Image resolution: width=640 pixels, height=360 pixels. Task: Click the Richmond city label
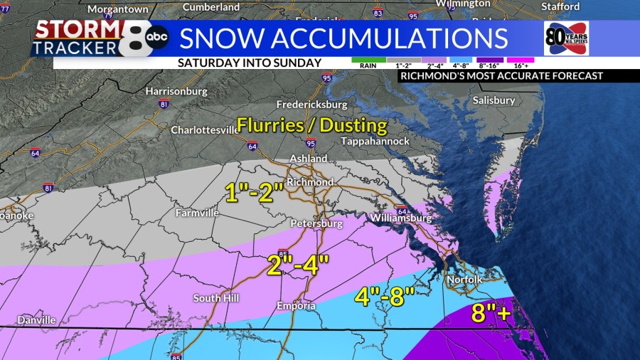(x=310, y=182)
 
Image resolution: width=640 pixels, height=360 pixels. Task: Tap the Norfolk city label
(x=464, y=280)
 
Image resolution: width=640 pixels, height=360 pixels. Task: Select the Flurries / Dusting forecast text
(x=312, y=126)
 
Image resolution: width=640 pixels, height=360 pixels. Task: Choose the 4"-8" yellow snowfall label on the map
(x=384, y=297)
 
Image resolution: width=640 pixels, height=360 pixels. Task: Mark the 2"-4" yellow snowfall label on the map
(x=298, y=264)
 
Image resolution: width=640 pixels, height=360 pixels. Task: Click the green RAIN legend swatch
(x=368, y=60)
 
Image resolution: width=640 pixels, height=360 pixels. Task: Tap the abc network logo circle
(x=157, y=37)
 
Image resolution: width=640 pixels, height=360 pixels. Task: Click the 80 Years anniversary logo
(x=566, y=38)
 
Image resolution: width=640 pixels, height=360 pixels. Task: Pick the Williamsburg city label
(x=400, y=218)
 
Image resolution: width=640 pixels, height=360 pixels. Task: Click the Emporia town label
(x=296, y=306)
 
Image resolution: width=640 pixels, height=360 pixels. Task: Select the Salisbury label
(x=494, y=100)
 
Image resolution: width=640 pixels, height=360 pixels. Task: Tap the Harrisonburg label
(x=176, y=92)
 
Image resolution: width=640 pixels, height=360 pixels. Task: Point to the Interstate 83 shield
(x=378, y=13)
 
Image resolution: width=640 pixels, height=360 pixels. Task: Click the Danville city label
(x=37, y=320)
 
